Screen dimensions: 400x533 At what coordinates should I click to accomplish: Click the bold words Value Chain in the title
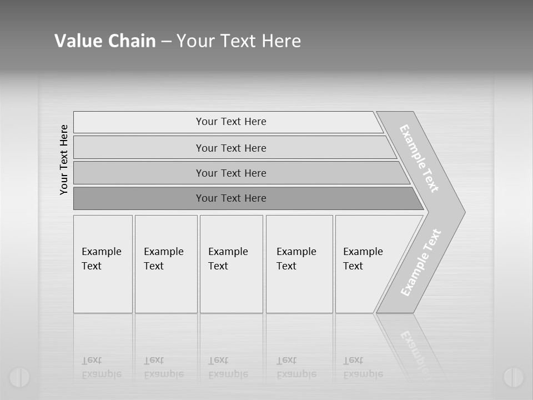coord(105,41)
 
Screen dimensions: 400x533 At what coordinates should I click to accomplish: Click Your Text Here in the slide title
coord(239,41)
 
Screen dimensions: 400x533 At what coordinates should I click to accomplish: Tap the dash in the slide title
coord(166,42)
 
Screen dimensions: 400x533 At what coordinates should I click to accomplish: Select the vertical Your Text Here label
coord(64,159)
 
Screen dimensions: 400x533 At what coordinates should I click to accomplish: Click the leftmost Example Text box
coord(103,264)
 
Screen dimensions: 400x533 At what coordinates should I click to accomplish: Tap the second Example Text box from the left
coord(166,264)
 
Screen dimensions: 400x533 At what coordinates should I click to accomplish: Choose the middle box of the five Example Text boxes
coord(231,264)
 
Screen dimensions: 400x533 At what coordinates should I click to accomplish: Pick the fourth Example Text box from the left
coord(299,264)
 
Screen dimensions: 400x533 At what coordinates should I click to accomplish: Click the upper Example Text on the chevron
coord(419,158)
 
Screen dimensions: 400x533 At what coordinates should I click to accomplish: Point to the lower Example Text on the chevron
coord(421,263)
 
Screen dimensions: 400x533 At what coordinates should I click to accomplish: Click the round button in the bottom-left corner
coord(19,377)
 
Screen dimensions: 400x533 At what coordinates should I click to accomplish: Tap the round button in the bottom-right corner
coord(513,377)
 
